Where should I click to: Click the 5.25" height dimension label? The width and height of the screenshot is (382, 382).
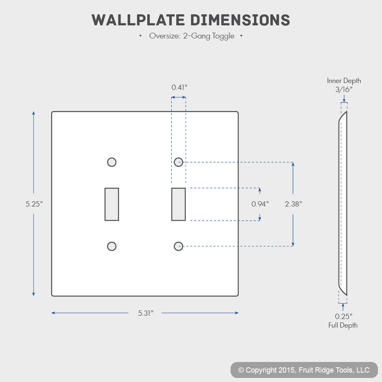[x=34, y=204]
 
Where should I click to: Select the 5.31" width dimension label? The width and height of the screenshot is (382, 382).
[x=146, y=313]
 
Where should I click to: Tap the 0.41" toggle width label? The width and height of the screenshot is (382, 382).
[x=179, y=87]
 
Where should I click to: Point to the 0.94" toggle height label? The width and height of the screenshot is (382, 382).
[x=260, y=204]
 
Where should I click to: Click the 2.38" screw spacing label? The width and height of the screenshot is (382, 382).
[x=293, y=204]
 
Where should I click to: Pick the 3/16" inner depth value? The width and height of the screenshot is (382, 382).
[x=344, y=90]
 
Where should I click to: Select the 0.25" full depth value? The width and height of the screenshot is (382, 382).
[x=344, y=316]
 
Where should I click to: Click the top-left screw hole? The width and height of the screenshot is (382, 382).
[x=112, y=162]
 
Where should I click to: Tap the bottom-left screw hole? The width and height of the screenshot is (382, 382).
[x=112, y=246]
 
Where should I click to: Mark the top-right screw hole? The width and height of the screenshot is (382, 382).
[x=179, y=162]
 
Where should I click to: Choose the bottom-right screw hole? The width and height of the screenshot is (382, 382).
[x=179, y=246]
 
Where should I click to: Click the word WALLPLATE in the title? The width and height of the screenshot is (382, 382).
[x=138, y=20]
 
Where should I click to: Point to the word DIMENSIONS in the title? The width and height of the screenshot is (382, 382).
[x=240, y=20]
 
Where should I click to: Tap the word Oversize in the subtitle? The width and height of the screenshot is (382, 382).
[x=165, y=36]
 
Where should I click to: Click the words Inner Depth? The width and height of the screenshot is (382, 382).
[x=344, y=81]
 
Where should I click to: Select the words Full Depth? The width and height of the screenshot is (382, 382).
[x=343, y=325]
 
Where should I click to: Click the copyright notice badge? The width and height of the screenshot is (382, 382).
[x=304, y=370]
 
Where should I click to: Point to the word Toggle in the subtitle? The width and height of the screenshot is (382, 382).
[x=223, y=36]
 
